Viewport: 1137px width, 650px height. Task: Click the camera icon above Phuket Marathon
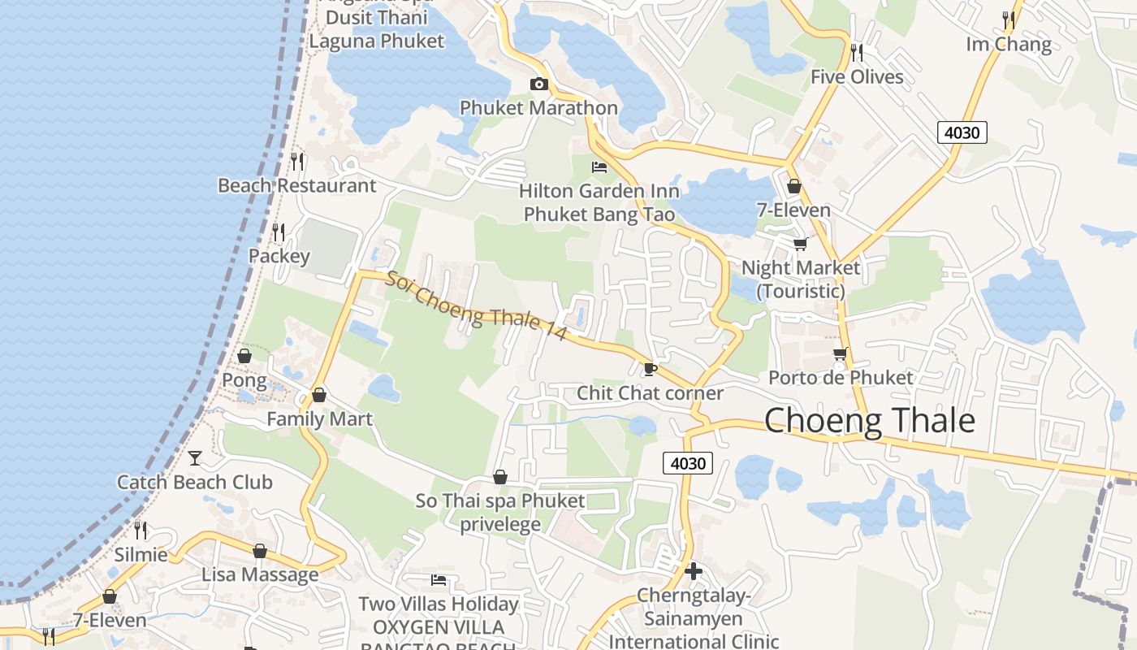538,84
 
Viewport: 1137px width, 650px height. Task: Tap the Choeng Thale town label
869,420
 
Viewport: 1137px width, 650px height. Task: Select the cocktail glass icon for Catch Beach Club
195,458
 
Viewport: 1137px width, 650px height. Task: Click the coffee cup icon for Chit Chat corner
650,370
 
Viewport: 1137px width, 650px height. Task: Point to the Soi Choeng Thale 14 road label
476,306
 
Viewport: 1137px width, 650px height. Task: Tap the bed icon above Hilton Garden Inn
599,168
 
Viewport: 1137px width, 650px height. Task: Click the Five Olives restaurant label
857,77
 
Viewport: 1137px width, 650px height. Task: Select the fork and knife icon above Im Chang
1009,19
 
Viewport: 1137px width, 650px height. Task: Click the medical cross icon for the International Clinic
693,571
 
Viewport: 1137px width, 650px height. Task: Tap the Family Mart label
319,419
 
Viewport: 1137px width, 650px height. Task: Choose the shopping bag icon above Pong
244,356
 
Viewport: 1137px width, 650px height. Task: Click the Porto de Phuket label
841,378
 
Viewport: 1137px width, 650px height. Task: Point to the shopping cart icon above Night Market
800,244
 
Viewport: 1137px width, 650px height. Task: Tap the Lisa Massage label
260,575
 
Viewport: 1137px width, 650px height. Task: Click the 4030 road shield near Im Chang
962,132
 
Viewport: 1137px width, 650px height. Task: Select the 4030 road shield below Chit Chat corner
688,463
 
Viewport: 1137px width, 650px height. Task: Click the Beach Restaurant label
296,186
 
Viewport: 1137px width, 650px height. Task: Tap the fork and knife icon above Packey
279,232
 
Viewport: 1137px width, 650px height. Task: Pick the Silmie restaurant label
141,555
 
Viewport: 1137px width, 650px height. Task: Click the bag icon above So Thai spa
500,477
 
